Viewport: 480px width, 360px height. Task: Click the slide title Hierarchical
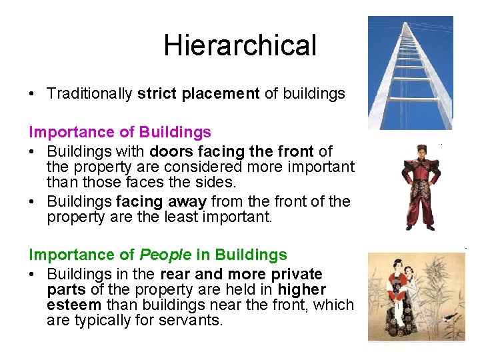pyautogui.click(x=240, y=45)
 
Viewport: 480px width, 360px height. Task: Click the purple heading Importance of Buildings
pyautogui.click(x=120, y=132)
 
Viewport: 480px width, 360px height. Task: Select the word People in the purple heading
pyautogui.click(x=165, y=255)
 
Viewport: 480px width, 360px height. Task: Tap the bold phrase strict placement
pyautogui.click(x=198, y=93)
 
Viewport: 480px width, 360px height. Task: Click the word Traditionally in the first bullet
pyautogui.click(x=89, y=93)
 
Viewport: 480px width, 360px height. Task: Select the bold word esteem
pyautogui.click(x=74, y=305)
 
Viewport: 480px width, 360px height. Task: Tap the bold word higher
pyautogui.click(x=301, y=289)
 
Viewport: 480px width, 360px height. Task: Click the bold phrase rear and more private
pyautogui.click(x=241, y=274)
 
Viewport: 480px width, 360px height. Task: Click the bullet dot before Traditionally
pyautogui.click(x=33, y=94)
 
